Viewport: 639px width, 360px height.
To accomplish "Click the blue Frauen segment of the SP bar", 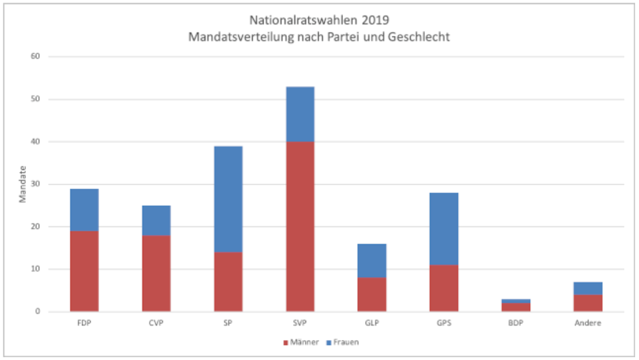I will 228,199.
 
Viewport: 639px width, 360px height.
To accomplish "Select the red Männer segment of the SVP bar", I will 300,226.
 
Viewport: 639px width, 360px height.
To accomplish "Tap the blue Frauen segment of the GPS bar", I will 444,229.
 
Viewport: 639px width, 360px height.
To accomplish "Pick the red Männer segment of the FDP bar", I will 84,271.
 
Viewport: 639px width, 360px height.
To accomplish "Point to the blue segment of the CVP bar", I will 156,221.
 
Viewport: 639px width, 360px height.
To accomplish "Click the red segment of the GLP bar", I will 372,295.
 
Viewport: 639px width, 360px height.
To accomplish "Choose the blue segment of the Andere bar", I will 588,288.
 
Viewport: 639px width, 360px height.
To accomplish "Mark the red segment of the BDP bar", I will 516,307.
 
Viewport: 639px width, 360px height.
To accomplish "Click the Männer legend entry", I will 301,342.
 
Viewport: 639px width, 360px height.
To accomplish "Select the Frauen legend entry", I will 343,342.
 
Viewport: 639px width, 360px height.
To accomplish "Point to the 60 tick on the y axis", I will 35,56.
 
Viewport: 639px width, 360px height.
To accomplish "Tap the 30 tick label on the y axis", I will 35,184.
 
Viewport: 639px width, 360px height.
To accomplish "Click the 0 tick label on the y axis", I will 37,311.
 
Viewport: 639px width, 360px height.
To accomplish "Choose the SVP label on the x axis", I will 300,323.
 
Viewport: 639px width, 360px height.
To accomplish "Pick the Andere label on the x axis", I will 588,323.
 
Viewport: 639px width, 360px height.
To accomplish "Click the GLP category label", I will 372,323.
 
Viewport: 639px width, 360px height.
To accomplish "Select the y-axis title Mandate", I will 22,184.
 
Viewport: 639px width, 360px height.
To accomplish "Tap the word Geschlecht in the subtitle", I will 419,37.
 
